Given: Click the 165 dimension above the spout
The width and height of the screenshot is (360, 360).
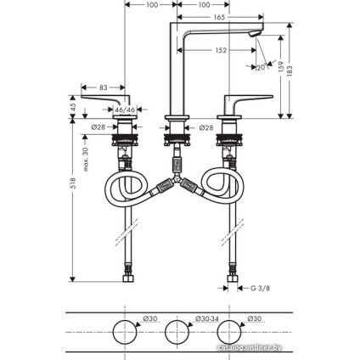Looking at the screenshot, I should tap(219, 16).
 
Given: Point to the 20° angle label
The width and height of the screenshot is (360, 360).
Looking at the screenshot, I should tap(262, 67).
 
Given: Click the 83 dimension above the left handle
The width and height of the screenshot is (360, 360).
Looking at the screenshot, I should tap(103, 88).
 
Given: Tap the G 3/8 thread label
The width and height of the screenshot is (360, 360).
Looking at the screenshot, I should tap(262, 289).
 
